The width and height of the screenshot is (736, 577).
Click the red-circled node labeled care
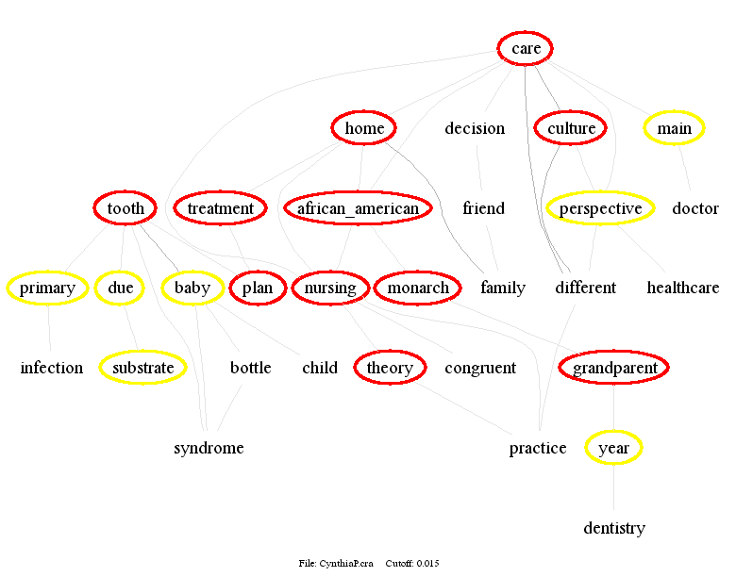526,48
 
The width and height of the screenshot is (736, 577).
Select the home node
364,128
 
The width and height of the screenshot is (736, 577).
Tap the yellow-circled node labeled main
674,128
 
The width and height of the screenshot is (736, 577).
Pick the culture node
572,128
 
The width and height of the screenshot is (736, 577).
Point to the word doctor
695,208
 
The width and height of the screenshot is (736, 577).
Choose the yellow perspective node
600,208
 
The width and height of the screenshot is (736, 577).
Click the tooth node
125,208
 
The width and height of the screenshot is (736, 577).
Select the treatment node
220,208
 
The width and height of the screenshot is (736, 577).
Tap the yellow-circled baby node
192,288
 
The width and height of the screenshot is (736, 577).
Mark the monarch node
418,288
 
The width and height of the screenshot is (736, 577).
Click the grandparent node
614,368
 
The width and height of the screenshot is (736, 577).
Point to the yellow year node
613,448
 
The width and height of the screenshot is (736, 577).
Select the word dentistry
613,528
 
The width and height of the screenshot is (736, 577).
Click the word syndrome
209,448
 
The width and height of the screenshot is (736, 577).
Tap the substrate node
142,368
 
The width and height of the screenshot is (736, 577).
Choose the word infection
52,368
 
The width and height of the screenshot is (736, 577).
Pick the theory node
390,368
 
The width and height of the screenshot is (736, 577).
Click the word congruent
480,368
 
